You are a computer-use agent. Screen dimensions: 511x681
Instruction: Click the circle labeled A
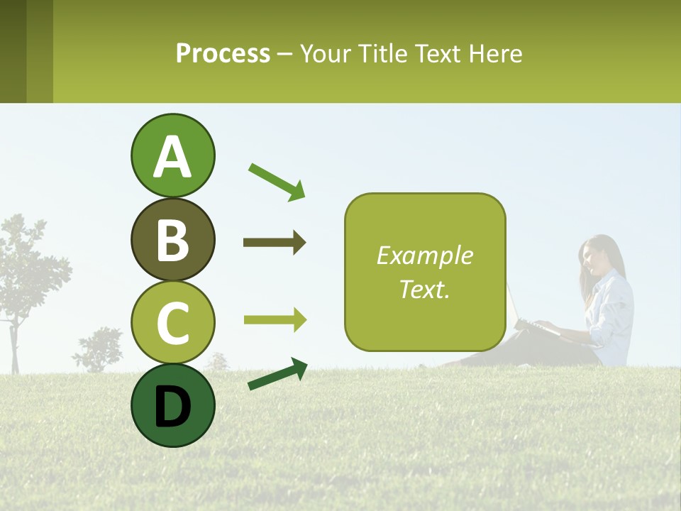click(172, 155)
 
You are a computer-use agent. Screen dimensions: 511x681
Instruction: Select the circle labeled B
click(172, 239)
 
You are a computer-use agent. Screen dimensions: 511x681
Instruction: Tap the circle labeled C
click(172, 322)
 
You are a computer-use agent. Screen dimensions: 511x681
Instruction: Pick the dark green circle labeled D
click(172, 405)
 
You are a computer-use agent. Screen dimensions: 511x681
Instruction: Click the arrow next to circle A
click(277, 182)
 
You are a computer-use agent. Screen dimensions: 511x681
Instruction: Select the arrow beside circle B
click(275, 243)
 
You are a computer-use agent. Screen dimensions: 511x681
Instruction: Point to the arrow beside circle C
click(275, 319)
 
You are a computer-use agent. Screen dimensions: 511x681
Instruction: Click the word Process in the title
click(223, 53)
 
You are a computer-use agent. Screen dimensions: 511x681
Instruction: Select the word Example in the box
click(425, 255)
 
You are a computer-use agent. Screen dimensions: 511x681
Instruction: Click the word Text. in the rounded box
click(425, 289)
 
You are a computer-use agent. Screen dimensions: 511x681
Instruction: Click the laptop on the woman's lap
click(521, 312)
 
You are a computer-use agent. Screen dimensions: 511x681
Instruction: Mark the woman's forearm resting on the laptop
click(567, 329)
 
